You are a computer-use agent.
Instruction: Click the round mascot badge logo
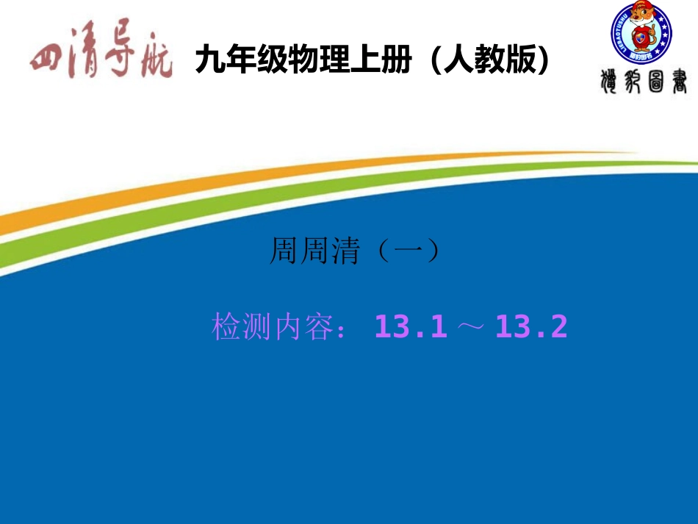pyautogui.click(x=641, y=34)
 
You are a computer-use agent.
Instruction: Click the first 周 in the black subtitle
pyautogui.click(x=285, y=251)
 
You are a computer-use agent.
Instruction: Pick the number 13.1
pyautogui.click(x=411, y=327)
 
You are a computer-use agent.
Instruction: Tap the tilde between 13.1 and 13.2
pyautogui.click(x=472, y=328)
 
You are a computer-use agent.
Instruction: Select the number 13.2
pyautogui.click(x=532, y=327)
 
